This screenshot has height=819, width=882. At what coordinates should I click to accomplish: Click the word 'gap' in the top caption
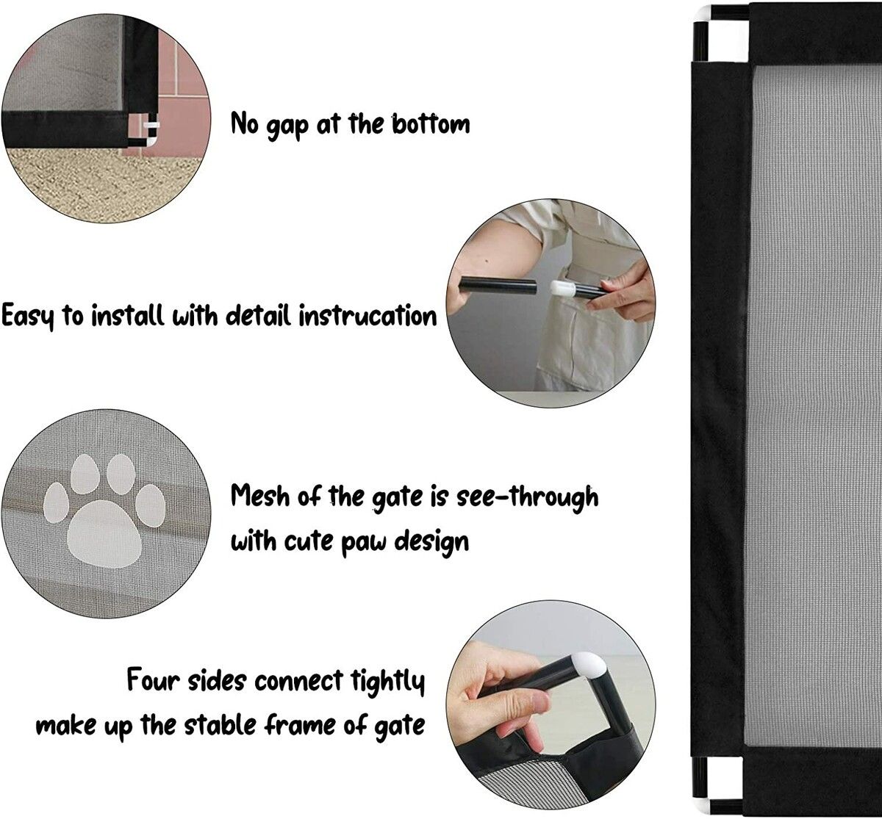click(287, 126)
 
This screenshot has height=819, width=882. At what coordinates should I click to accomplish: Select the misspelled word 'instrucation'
click(367, 316)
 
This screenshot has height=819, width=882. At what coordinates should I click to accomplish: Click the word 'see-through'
click(528, 497)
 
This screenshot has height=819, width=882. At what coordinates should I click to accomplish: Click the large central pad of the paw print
click(104, 535)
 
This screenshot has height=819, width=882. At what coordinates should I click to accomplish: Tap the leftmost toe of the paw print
click(56, 503)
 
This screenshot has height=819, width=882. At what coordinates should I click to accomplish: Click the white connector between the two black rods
click(563, 289)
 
